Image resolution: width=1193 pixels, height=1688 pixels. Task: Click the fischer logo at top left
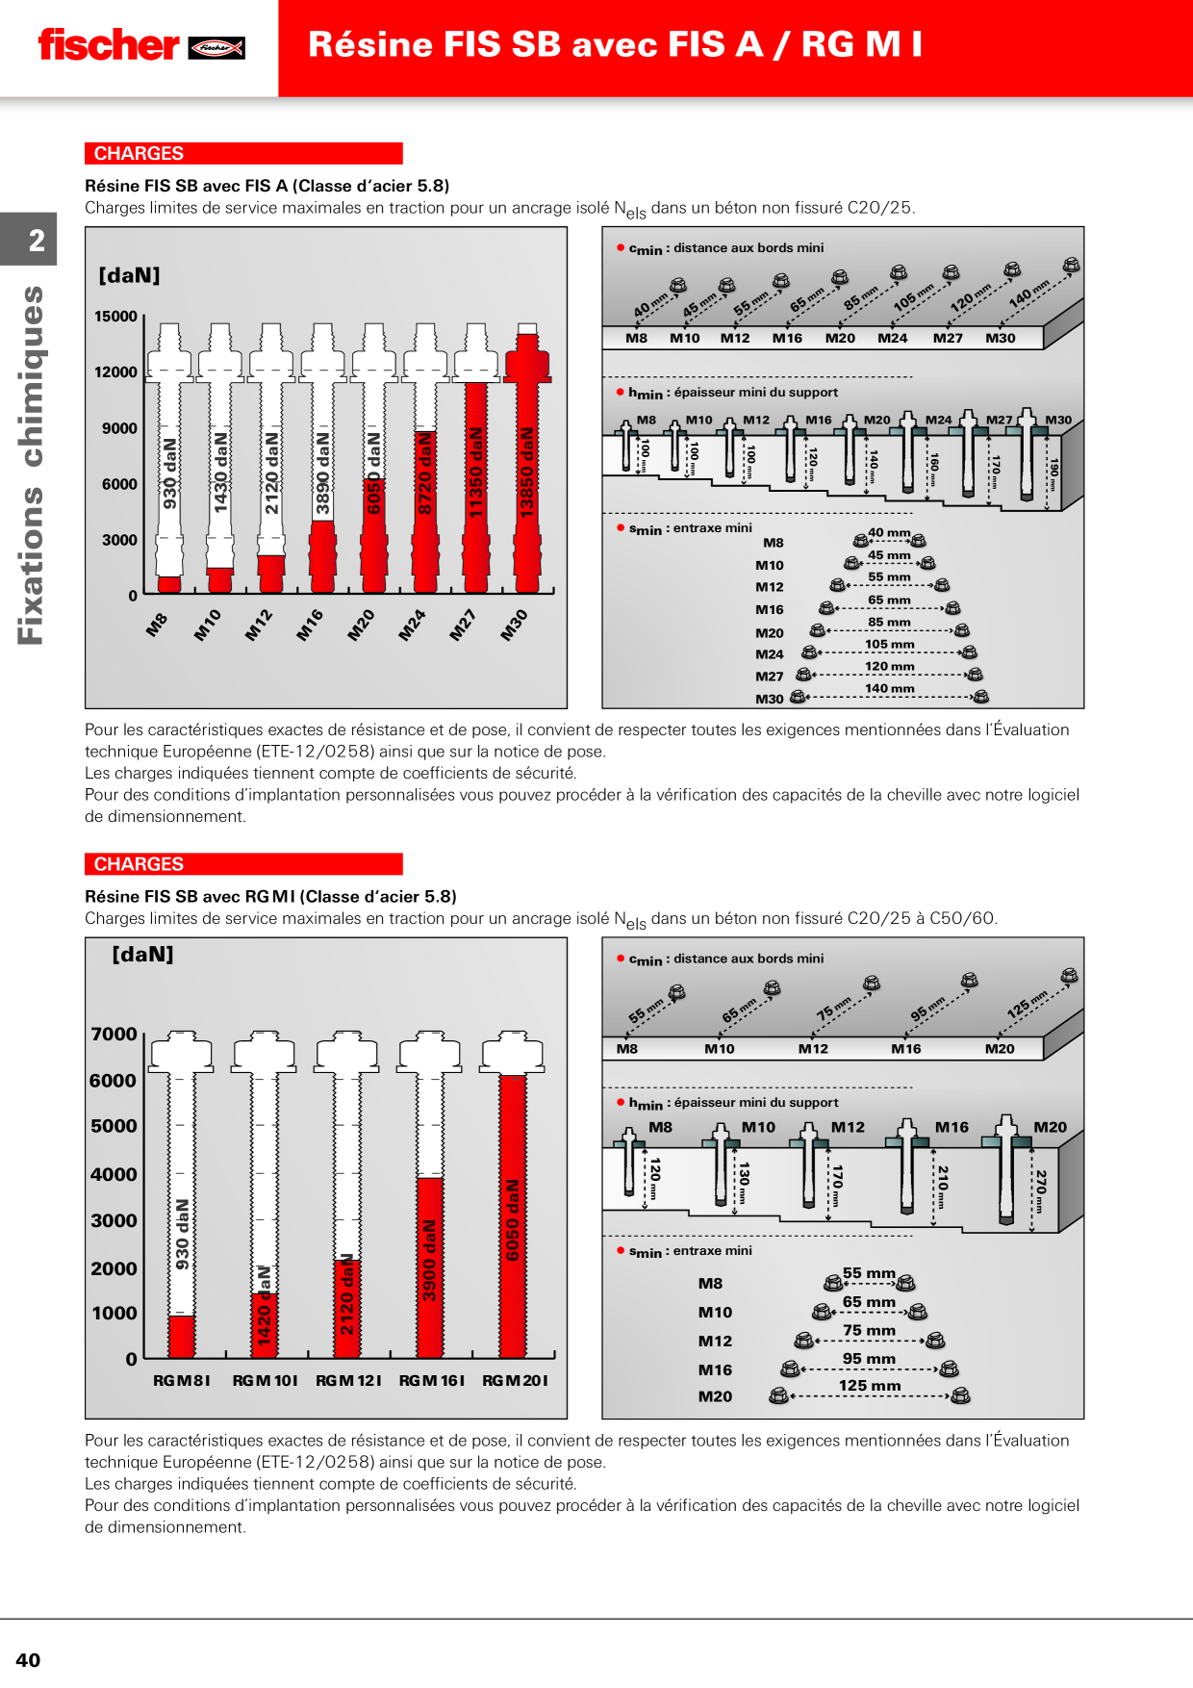pos(141,45)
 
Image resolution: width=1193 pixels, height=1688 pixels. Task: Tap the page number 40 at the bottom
pos(28,1659)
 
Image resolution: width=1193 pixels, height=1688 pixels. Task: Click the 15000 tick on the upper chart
pos(115,317)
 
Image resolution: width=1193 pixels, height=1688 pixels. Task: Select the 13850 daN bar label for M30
pos(526,472)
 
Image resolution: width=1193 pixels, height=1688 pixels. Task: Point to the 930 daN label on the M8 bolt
pos(170,473)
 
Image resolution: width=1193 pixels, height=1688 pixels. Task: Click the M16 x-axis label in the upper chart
pos(310,626)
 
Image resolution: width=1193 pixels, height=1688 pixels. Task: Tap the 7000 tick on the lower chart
pos(114,1035)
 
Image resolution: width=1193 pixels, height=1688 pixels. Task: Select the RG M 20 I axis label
pos(515,1381)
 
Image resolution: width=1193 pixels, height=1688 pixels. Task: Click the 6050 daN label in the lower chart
pos(513,1219)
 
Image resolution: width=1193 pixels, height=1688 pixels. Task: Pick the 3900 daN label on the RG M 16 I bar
pos(429,1260)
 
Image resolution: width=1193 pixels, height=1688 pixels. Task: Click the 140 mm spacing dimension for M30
pos(890,689)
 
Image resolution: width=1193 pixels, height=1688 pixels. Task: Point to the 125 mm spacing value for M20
pos(870,1386)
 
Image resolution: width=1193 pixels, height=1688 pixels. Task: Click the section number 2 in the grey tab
pos(37,241)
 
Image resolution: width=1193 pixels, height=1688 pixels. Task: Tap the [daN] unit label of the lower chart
pos(142,955)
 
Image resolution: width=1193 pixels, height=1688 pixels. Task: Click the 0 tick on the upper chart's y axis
pos(133,596)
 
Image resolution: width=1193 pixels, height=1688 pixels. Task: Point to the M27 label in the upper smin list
pos(769,677)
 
